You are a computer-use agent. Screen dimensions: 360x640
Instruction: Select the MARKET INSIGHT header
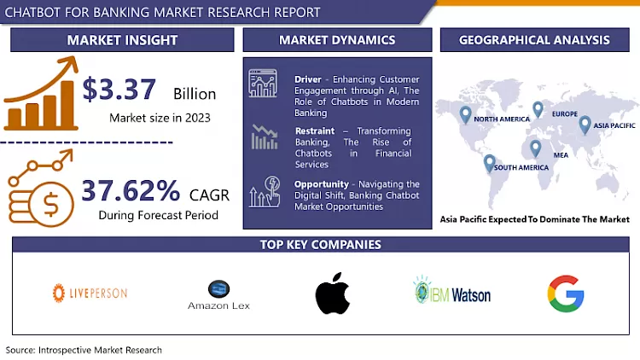[121, 39]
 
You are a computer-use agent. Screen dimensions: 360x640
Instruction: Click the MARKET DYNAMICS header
[337, 39]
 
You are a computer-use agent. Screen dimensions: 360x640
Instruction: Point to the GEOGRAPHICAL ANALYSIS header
[534, 39]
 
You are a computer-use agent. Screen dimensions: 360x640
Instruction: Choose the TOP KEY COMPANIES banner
[320, 245]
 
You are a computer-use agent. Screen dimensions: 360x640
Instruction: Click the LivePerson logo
[90, 293]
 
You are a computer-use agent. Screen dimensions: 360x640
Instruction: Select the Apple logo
[333, 293]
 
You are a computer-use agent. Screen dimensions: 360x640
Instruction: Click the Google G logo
[565, 293]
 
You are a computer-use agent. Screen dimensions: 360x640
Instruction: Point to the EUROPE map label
[564, 113]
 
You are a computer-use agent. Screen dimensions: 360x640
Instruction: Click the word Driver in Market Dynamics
[308, 78]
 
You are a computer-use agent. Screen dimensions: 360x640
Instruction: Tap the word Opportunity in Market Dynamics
[321, 184]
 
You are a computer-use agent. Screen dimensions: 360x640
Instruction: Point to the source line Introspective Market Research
[84, 350]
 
